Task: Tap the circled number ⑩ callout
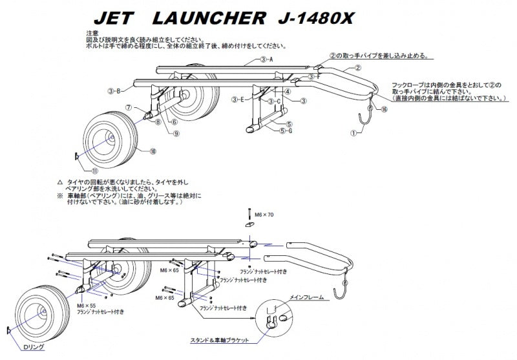pos(153,152)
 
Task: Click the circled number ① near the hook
pos(353,132)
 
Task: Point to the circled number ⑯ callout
pos(385,110)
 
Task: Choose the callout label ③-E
pos(237,100)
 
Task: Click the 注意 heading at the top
pos(92,32)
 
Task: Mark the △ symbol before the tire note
pos(59,182)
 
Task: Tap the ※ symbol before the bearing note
pos(59,195)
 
